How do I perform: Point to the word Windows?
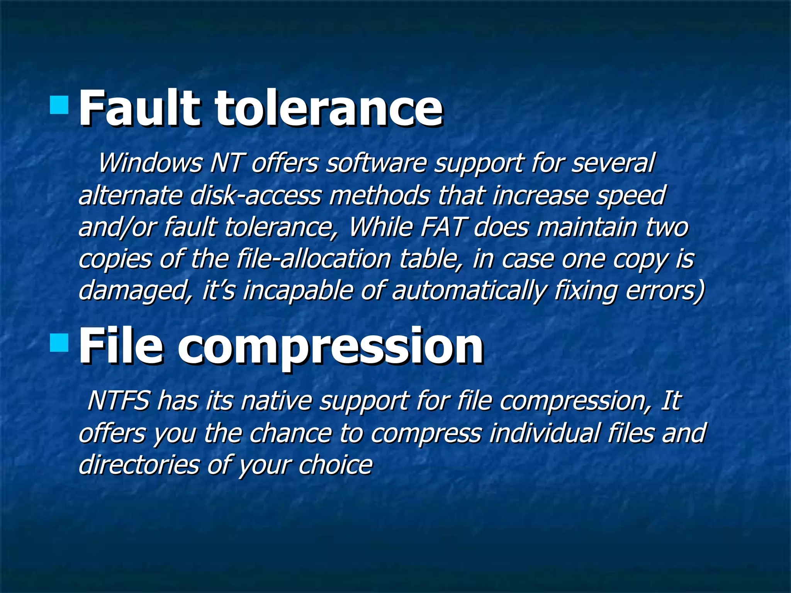click(150, 163)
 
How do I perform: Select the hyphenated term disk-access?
click(255, 195)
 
